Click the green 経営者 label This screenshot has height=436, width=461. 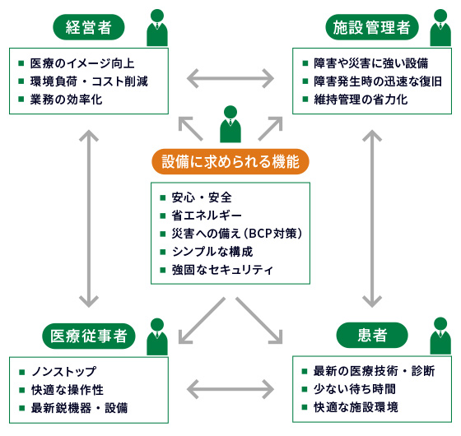coord(89,27)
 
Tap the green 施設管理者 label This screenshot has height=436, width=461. coord(371,27)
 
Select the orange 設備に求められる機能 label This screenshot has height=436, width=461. coord(230,161)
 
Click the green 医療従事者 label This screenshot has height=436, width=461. coord(89,336)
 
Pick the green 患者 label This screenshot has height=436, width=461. coord(372,336)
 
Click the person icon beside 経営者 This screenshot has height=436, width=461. coord(157,28)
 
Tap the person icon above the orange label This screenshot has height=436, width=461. coord(230,124)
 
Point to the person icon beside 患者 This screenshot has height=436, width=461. coord(440,336)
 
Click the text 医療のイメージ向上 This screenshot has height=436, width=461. coord(82,63)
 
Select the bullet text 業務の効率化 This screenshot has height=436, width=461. coord(66,100)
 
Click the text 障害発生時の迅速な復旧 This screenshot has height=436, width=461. coord(378,81)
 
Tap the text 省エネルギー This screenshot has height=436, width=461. coord(207,216)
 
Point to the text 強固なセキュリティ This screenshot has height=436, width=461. coord(222,270)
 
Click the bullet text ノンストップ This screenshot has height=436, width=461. coord(64,372)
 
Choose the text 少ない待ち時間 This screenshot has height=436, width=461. coord(355,389)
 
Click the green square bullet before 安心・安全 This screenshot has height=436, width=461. coord(163,197)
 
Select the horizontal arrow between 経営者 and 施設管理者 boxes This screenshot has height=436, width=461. coord(230,78)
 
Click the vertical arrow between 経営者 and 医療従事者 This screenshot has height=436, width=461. coord(89,219)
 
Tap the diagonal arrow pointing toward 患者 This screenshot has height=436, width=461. coord(259,321)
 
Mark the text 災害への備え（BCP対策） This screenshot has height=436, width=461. coord(237,234)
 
